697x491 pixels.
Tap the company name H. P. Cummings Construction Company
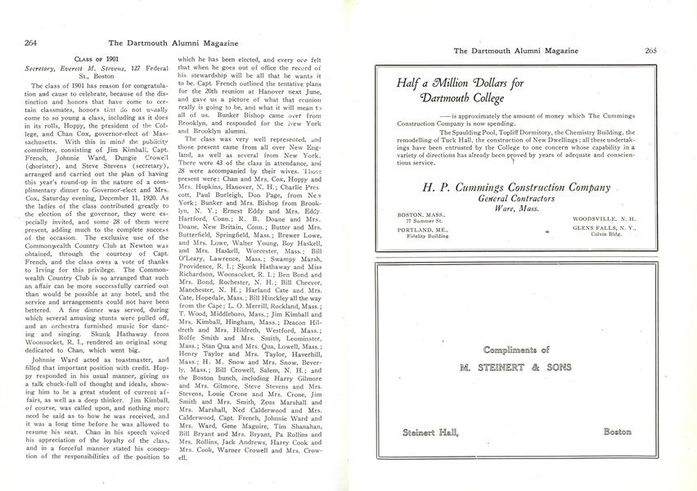[x=515, y=187]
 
